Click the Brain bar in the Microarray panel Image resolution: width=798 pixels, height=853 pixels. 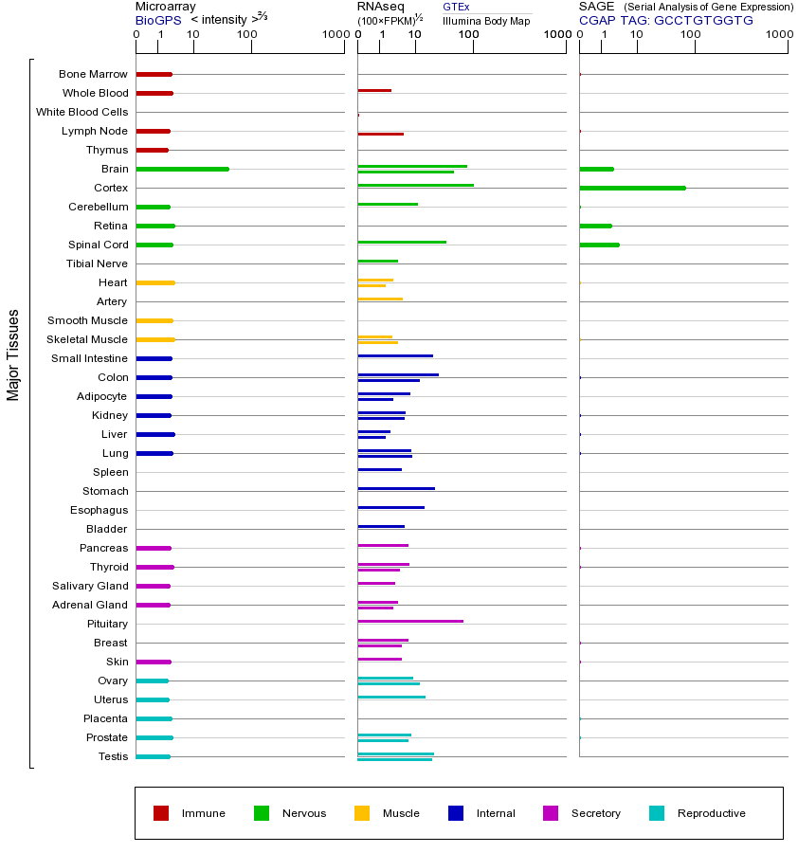[182, 169]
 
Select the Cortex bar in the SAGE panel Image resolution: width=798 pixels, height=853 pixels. [632, 188]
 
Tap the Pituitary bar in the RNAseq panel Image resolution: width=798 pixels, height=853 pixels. [410, 621]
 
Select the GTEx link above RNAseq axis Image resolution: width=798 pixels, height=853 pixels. [456, 7]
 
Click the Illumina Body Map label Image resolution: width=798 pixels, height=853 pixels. [486, 20]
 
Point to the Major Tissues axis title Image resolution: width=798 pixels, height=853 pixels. [13, 354]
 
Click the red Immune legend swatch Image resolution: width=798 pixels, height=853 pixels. [161, 813]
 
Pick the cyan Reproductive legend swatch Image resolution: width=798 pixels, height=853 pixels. [657, 813]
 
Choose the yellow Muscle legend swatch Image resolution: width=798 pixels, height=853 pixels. [362, 813]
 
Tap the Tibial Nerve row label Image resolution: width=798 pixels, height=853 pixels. [97, 263]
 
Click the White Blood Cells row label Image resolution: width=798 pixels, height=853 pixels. [82, 112]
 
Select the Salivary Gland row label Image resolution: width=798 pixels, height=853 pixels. [90, 586]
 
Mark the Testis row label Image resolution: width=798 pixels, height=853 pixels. [113, 756]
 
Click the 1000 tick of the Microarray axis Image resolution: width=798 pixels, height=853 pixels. [334, 35]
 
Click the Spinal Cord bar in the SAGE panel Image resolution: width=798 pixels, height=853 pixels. [599, 245]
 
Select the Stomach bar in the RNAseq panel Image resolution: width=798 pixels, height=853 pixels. [396, 488]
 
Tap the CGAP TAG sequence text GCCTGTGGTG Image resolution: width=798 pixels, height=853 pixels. [703, 20]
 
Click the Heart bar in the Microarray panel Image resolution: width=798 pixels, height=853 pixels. [155, 282]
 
